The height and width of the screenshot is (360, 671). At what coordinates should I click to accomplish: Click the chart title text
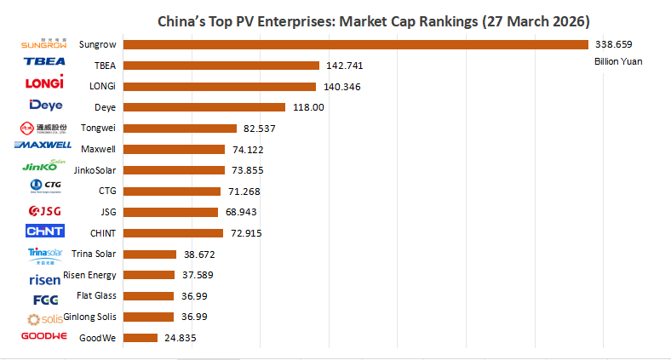[x=374, y=20]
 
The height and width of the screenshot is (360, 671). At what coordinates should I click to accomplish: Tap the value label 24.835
[x=179, y=338]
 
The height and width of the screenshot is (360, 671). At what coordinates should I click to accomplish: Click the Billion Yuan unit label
[x=617, y=61]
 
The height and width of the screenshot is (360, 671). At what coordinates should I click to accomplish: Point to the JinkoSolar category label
[x=95, y=170]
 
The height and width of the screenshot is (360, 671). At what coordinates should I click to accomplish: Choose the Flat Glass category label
[x=95, y=296]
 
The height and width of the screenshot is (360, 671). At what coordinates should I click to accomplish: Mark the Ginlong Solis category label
[x=89, y=317]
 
